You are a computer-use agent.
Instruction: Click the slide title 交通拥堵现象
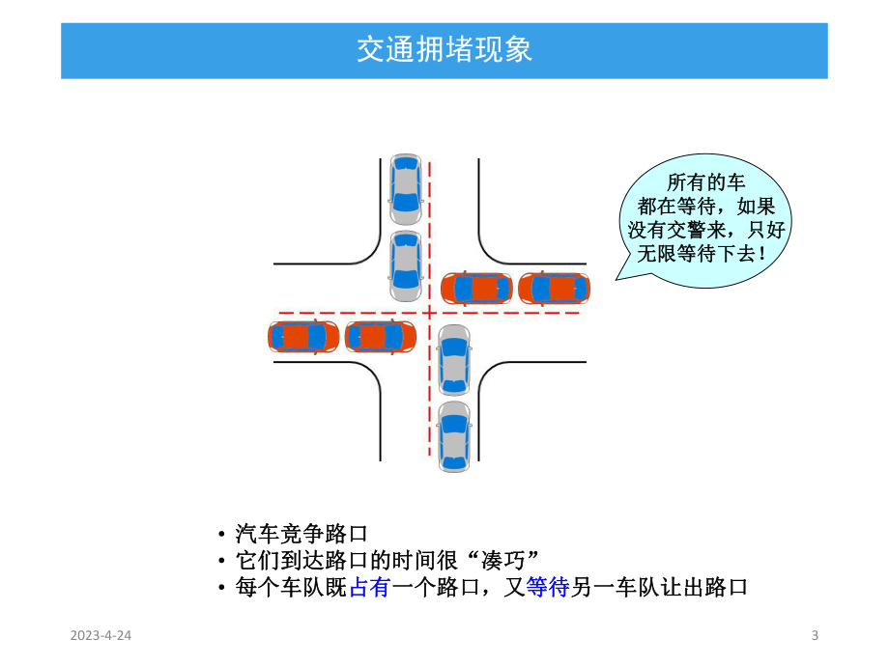(x=444, y=50)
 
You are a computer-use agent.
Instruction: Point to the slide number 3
(x=815, y=635)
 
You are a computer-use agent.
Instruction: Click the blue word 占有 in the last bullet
(x=367, y=587)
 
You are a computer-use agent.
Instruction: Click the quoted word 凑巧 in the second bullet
(x=503, y=561)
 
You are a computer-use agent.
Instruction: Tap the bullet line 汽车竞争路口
(x=301, y=534)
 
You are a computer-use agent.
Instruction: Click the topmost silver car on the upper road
(x=406, y=185)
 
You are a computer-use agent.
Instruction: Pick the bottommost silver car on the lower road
(x=453, y=436)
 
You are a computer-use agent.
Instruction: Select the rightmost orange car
(x=555, y=288)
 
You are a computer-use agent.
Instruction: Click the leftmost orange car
(x=302, y=336)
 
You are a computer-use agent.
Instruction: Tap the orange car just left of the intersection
(x=380, y=336)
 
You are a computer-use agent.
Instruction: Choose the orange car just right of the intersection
(x=477, y=288)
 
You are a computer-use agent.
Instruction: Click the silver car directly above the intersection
(x=406, y=264)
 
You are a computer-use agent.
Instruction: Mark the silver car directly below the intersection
(x=453, y=360)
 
